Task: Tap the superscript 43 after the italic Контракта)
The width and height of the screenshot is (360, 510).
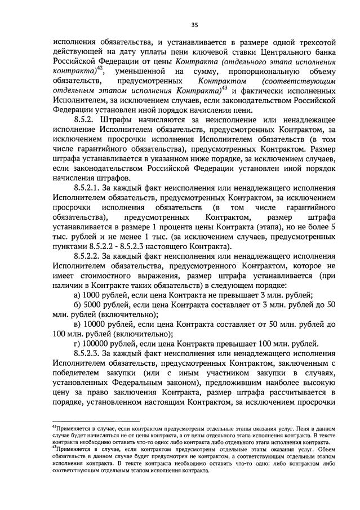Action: point(226,88)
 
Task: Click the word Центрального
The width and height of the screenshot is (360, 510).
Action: point(265,52)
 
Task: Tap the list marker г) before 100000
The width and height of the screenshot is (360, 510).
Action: point(77,345)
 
